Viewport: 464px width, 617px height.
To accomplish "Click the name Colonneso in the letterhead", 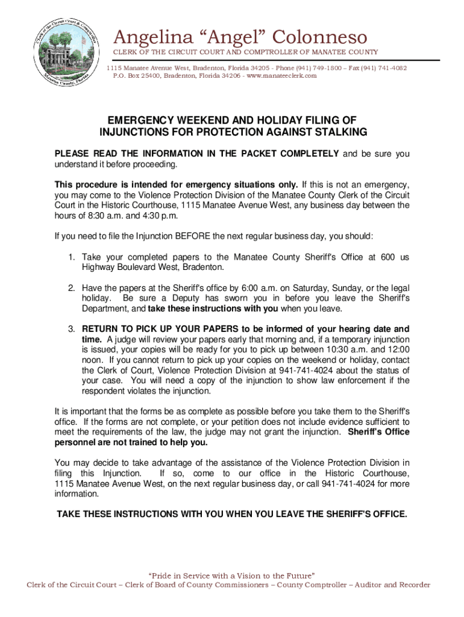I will (317, 37).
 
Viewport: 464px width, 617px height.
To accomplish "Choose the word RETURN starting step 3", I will (99, 329).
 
